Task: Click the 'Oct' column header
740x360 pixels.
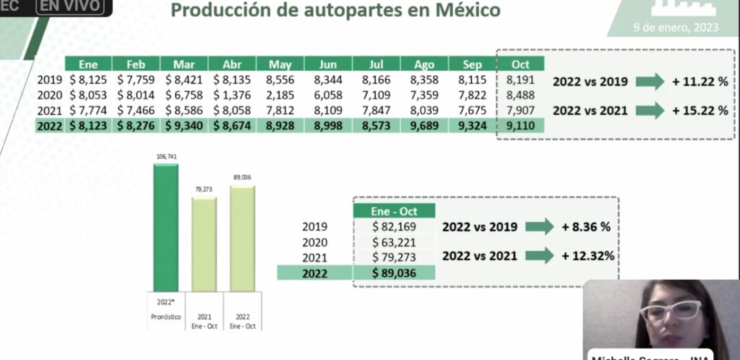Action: coord(520,64)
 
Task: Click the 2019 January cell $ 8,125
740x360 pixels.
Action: coord(87,80)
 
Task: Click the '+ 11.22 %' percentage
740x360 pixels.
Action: coord(700,82)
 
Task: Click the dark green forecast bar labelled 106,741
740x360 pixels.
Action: coord(165,228)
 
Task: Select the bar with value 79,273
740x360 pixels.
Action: coord(204,244)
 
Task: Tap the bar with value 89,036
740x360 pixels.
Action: coord(242,238)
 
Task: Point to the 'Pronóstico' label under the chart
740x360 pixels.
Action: coord(165,317)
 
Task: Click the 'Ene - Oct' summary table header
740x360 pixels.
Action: coord(394,211)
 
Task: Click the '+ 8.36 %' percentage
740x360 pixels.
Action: coord(586,226)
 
